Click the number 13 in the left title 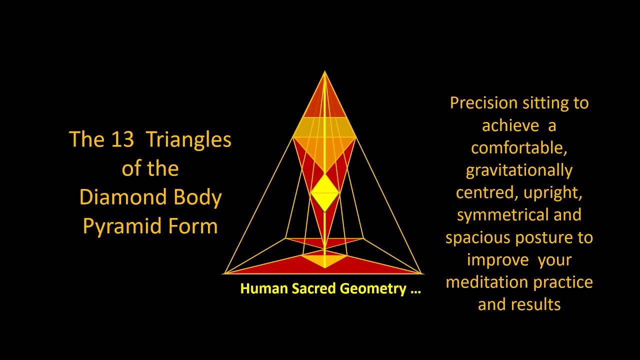tap(122, 139)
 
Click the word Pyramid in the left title tap(123, 226)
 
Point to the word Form tap(193, 226)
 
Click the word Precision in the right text tap(483, 103)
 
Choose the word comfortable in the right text tap(518, 148)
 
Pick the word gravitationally tap(519, 171)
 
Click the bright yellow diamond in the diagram tap(325, 193)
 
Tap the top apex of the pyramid tap(325, 72)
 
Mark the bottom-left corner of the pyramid tap(224, 273)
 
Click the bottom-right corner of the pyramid tap(422, 273)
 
